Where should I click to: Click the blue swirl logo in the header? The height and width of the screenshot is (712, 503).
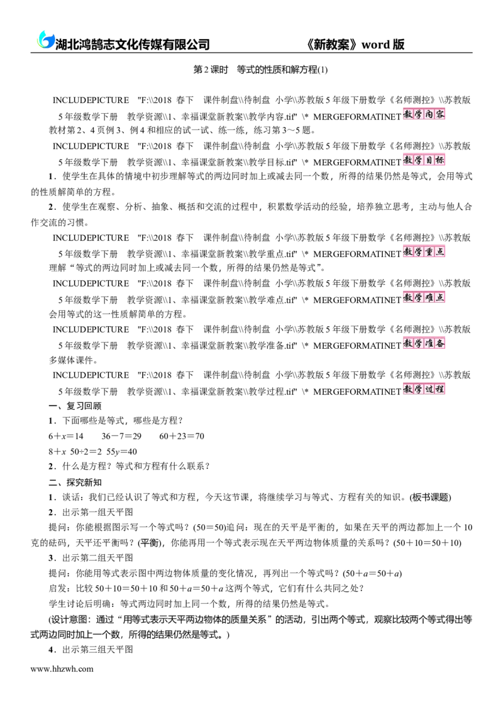click(x=45, y=40)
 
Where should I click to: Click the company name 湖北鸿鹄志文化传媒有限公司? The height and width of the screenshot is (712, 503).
click(x=132, y=44)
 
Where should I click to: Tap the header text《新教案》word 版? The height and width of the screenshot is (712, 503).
click(x=356, y=44)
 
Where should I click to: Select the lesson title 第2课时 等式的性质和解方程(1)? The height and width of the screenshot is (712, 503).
click(x=260, y=70)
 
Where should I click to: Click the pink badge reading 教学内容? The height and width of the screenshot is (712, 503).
click(x=424, y=114)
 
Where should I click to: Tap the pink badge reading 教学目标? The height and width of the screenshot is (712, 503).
click(x=424, y=160)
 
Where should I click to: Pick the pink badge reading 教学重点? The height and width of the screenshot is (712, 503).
click(x=424, y=251)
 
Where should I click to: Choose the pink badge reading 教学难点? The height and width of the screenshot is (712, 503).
click(x=424, y=297)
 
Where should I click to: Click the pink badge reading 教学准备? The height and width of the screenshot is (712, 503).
click(x=424, y=343)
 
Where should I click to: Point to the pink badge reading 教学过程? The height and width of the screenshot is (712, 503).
click(x=424, y=389)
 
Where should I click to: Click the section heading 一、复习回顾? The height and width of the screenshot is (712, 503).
click(x=75, y=405)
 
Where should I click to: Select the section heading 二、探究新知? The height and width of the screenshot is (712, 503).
click(x=75, y=482)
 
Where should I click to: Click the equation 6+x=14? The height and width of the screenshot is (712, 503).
click(x=66, y=436)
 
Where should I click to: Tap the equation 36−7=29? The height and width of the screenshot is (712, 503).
click(x=121, y=436)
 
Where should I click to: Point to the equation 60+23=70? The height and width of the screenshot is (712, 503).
click(x=182, y=436)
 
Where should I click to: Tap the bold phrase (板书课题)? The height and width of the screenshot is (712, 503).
click(x=430, y=497)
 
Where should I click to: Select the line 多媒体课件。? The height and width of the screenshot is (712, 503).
click(x=73, y=360)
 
